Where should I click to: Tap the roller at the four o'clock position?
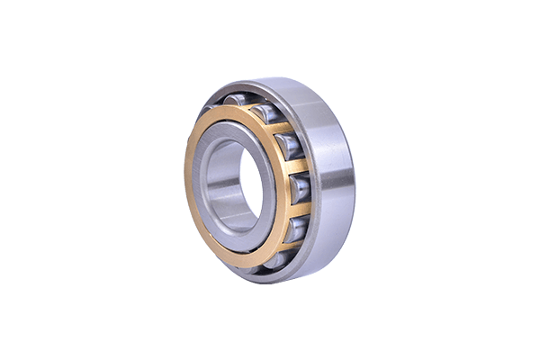pos(296,226)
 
